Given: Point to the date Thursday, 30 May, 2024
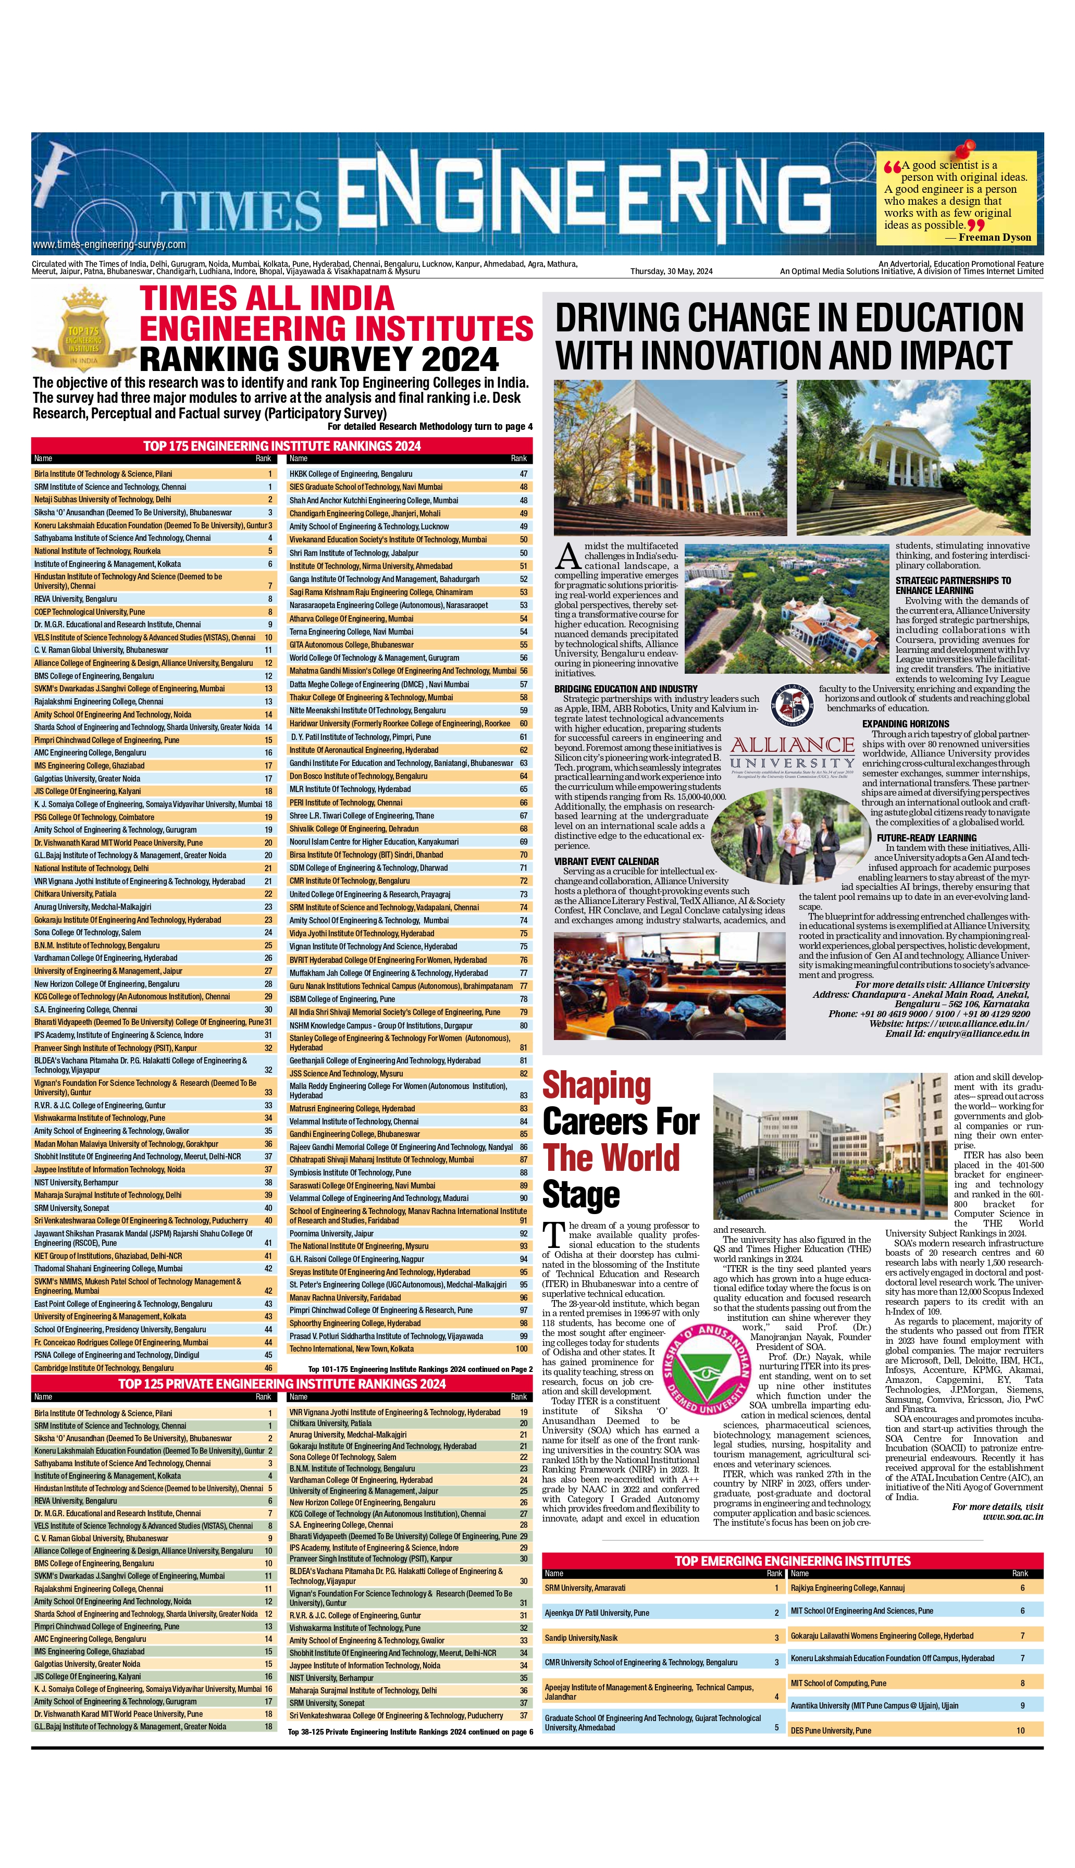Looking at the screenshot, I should click(x=671, y=271).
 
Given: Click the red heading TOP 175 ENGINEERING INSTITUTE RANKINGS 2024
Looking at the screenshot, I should click(x=282, y=446).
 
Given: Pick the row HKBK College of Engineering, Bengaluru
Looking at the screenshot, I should click(x=351, y=474).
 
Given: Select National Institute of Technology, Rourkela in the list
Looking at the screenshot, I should click(x=97, y=551).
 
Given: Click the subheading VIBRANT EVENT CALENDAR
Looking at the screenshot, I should click(x=606, y=861).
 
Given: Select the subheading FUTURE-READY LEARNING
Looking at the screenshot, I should click(x=926, y=838).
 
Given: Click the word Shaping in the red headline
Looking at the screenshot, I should click(x=597, y=1086).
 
